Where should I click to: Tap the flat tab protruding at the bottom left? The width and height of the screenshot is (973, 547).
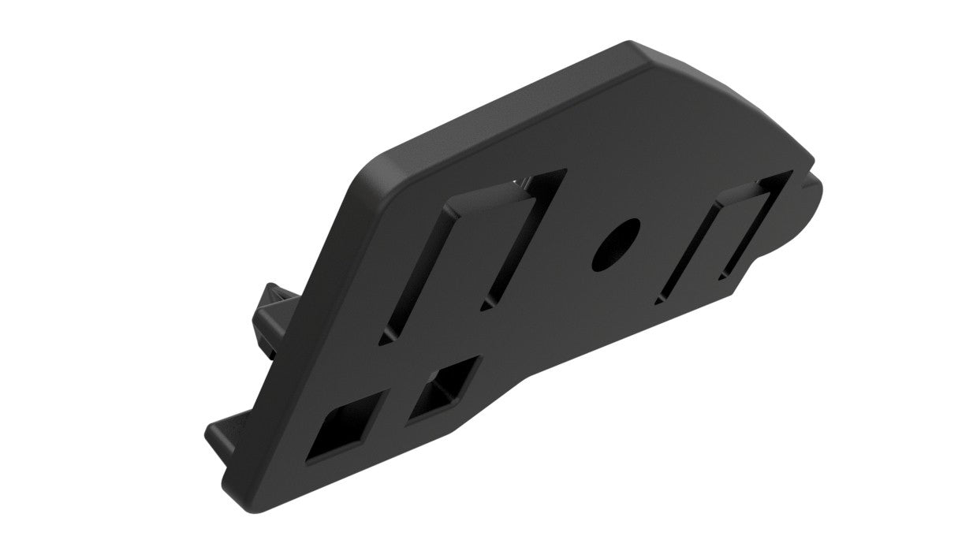click(x=225, y=430)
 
